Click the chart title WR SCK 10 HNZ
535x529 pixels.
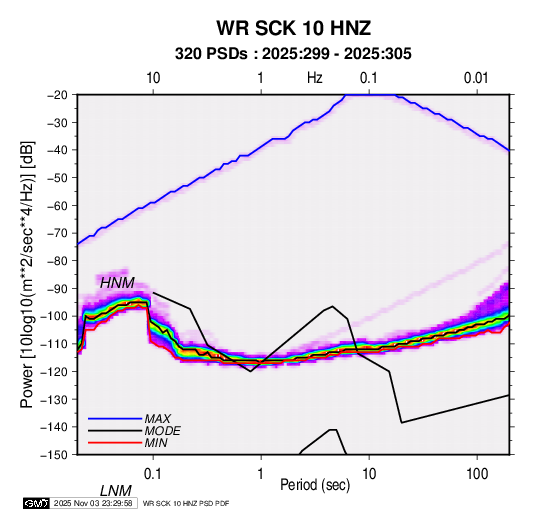(x=293, y=28)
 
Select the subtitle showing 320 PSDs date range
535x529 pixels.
(x=293, y=54)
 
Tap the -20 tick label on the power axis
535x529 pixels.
(x=57, y=95)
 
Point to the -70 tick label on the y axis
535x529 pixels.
(x=57, y=233)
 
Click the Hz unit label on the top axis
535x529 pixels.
(x=315, y=78)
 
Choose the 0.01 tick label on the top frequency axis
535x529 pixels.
(x=476, y=78)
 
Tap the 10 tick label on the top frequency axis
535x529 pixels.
(x=153, y=78)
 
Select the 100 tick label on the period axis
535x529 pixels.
(x=477, y=474)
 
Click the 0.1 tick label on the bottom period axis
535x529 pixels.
(x=153, y=474)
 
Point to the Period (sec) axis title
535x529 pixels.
(x=315, y=485)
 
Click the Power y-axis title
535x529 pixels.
(x=27, y=274)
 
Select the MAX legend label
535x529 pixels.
(x=157, y=418)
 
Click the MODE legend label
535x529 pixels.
(x=162, y=431)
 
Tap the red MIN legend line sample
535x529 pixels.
(x=115, y=443)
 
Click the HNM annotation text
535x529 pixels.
(x=117, y=283)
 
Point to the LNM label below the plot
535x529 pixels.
(x=116, y=491)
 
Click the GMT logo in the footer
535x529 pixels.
(x=37, y=503)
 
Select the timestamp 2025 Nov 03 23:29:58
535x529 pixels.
(x=93, y=503)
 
